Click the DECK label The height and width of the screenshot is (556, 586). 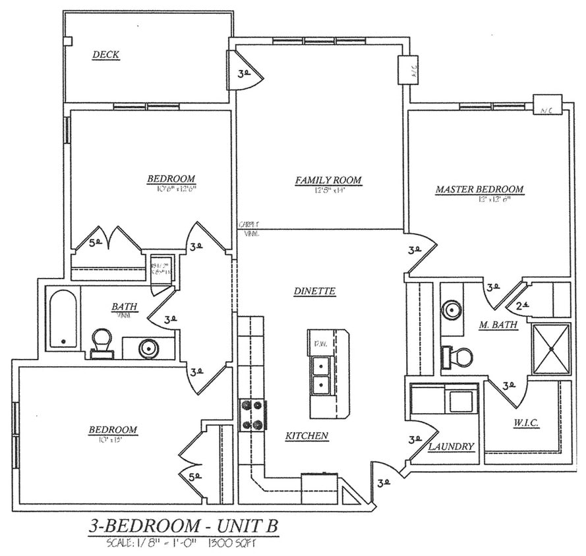pyautogui.click(x=105, y=55)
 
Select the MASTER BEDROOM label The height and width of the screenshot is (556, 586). pyautogui.click(x=479, y=190)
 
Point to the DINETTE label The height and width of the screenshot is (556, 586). pyautogui.click(x=315, y=291)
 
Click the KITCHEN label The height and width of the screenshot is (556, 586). pyautogui.click(x=307, y=435)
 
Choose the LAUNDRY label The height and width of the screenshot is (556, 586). pyautogui.click(x=452, y=446)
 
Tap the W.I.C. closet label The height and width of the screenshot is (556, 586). pyautogui.click(x=525, y=424)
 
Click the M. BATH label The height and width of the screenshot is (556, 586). pyautogui.click(x=498, y=325)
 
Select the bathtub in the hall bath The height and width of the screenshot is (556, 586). pyautogui.click(x=63, y=318)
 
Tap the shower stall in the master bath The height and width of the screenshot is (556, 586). pyautogui.click(x=550, y=349)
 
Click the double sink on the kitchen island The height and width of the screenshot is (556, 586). pyautogui.click(x=320, y=375)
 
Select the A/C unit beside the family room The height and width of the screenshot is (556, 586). pyautogui.click(x=404, y=70)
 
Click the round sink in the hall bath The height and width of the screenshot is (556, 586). pyautogui.click(x=148, y=347)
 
